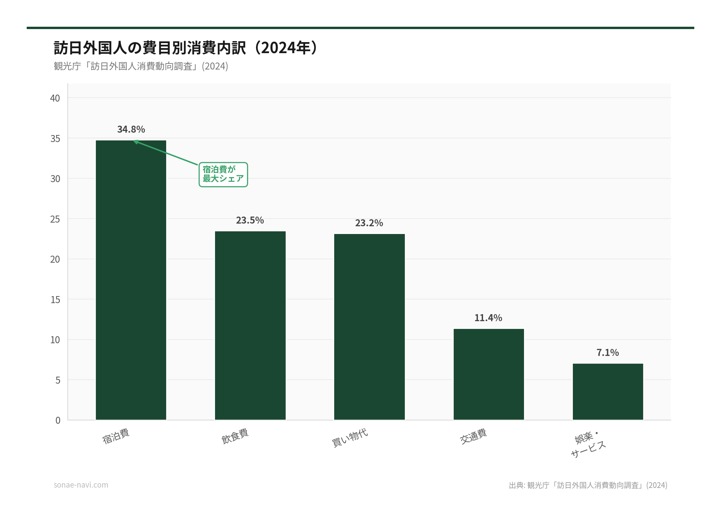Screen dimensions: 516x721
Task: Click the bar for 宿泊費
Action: [x=131, y=280]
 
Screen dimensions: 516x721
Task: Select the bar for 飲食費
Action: [x=250, y=326]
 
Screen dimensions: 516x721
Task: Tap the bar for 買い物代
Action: [x=369, y=327]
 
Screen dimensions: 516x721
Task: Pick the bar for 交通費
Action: [x=489, y=374]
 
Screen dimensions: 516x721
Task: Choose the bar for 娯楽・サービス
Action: [x=608, y=392]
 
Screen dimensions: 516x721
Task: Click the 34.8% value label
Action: [x=131, y=129]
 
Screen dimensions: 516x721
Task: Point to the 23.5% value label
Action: [x=250, y=220]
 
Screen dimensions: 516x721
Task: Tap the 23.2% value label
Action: [x=369, y=223]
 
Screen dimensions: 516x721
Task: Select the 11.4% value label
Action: [x=488, y=318]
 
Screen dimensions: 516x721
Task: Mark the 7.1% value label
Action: [x=608, y=353]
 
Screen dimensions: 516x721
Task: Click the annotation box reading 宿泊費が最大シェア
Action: [x=223, y=174]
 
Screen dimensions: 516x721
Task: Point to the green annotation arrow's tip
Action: [x=134, y=141]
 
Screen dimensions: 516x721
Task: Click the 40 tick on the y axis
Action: [x=55, y=98]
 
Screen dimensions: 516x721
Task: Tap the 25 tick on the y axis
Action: [x=55, y=219]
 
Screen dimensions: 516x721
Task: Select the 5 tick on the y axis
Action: [x=58, y=380]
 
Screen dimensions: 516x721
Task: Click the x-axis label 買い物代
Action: [x=350, y=437]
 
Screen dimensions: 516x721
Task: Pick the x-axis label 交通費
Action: [x=473, y=436]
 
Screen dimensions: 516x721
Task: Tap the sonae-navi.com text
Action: [x=81, y=485]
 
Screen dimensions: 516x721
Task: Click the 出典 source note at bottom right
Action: [x=588, y=485]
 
